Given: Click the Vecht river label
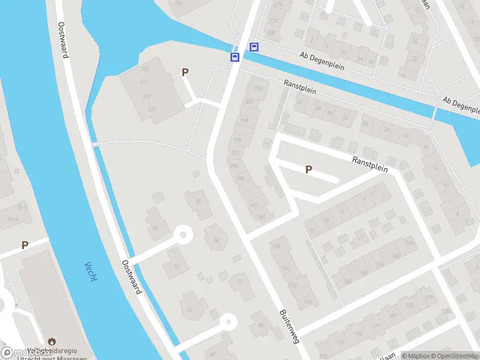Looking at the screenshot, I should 91,272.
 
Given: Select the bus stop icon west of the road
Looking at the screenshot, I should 235,57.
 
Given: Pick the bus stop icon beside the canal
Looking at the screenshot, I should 254,47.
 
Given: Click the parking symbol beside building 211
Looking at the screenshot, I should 185,72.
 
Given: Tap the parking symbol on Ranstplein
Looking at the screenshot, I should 308,169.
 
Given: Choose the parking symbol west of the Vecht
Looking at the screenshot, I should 25,245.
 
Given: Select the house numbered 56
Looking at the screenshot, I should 155,227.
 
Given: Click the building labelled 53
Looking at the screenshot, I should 176,266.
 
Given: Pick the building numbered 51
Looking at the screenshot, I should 240,281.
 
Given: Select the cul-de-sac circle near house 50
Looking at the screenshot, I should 228,322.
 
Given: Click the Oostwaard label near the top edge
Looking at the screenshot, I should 62,40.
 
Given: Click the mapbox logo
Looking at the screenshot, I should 26,353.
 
